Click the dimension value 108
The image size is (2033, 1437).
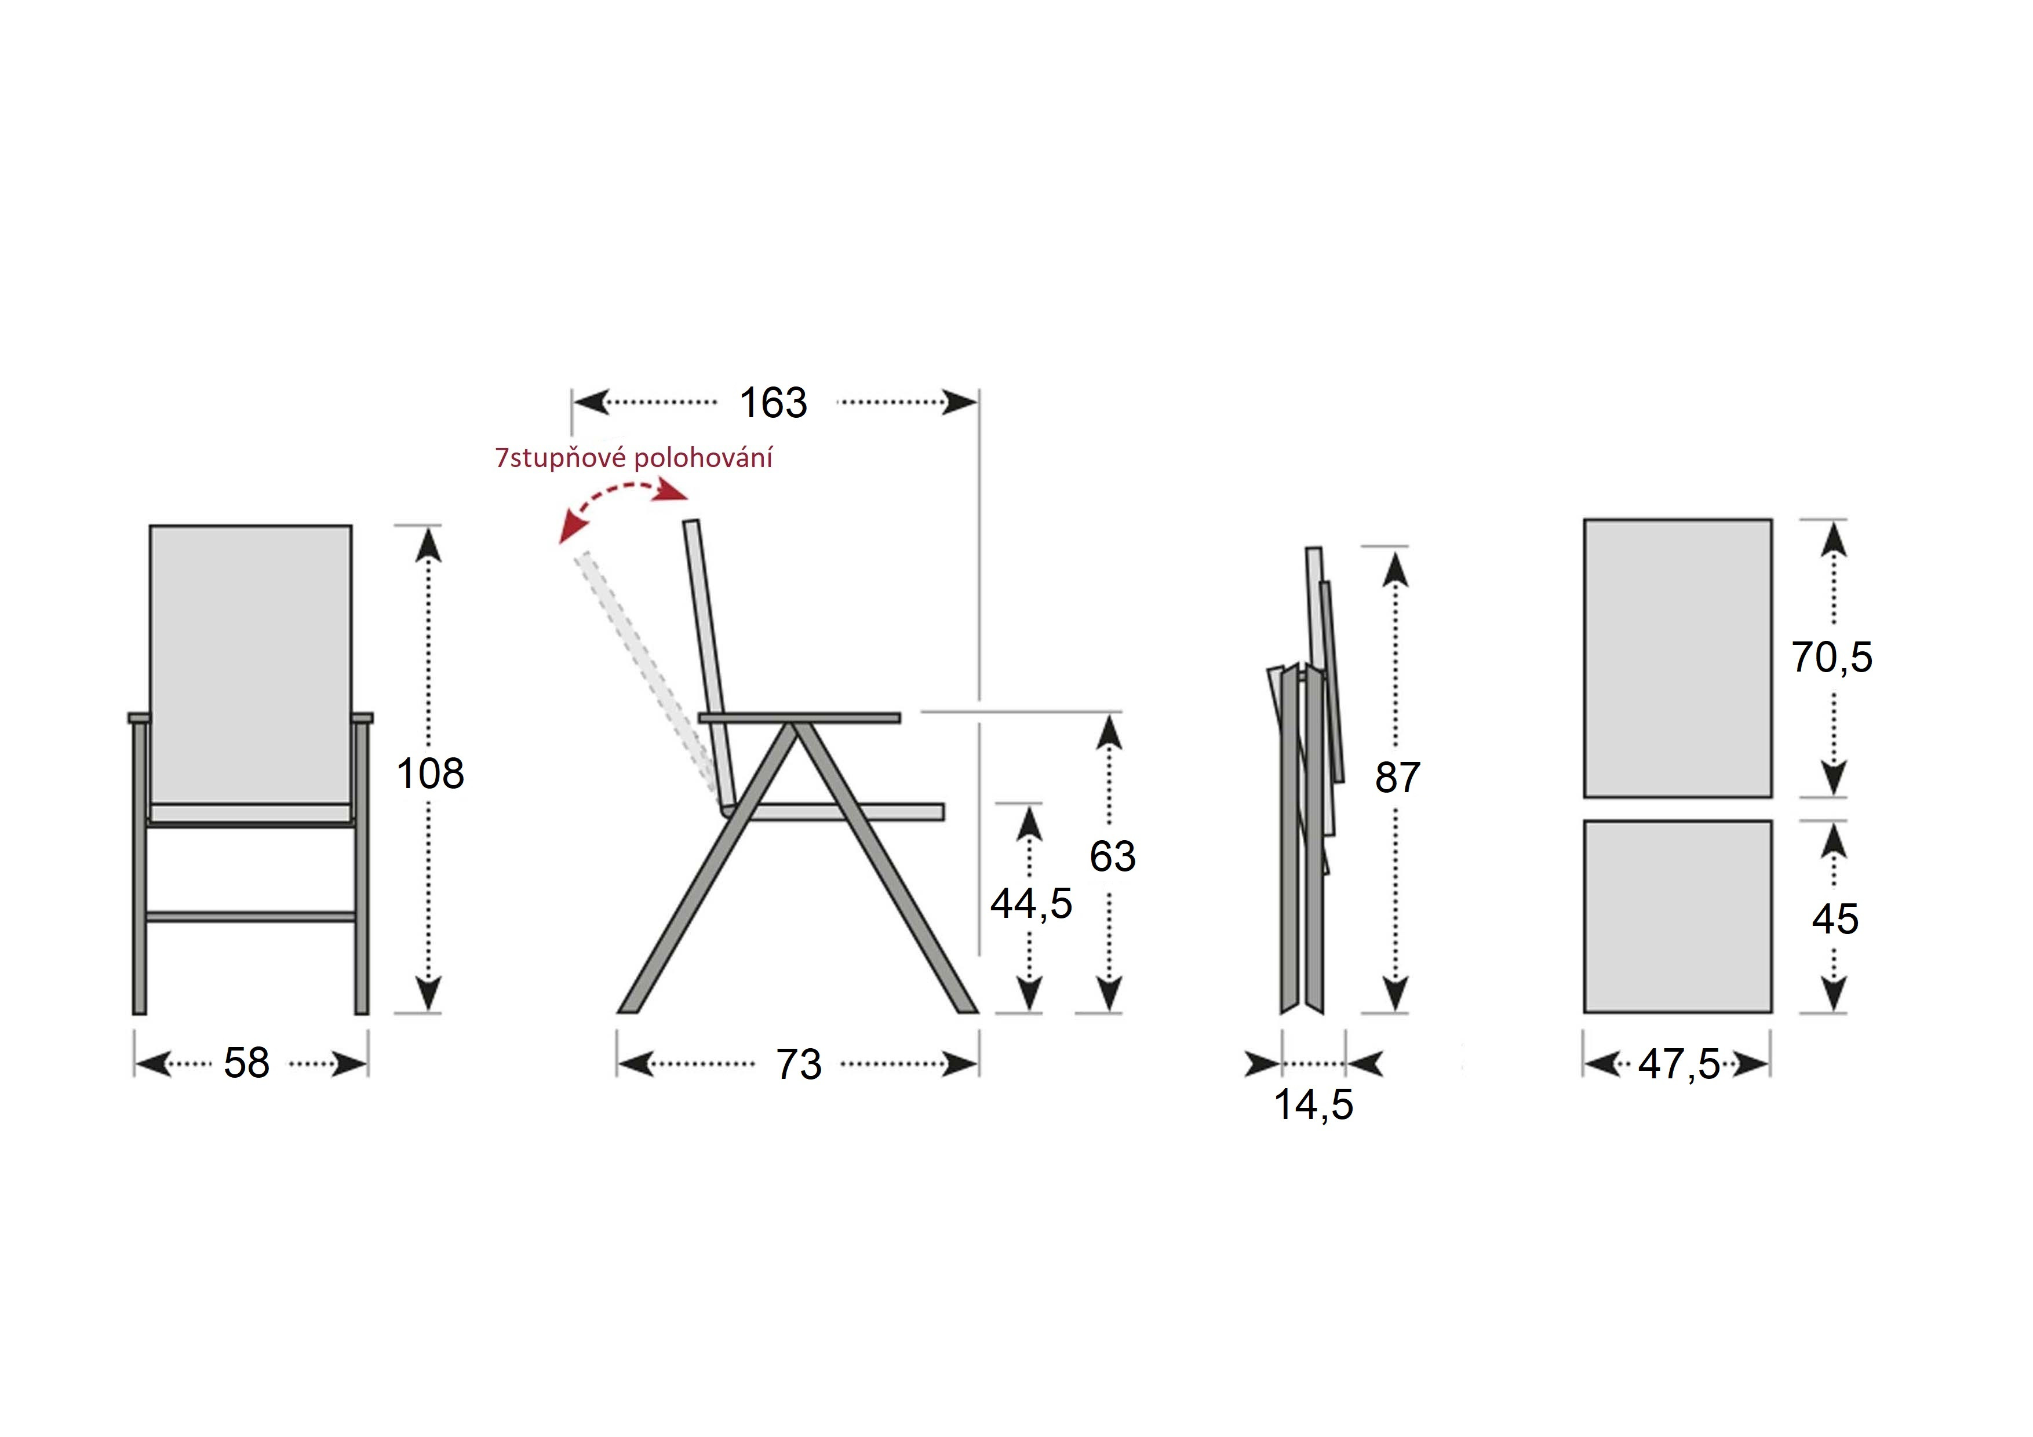431,774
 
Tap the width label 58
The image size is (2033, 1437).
246,1063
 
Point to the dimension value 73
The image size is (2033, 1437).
799,1064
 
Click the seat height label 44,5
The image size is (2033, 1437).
1030,904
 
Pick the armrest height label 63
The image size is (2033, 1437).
1113,856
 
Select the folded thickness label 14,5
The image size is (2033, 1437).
1314,1105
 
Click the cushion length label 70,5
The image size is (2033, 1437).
1832,658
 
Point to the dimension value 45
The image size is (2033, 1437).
1835,919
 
